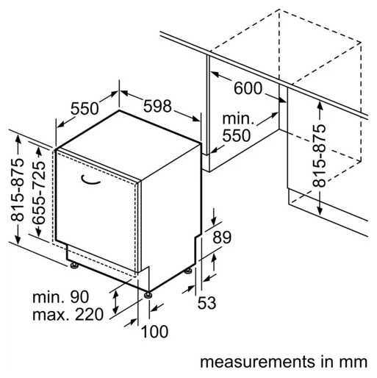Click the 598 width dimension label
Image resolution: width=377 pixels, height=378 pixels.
157,106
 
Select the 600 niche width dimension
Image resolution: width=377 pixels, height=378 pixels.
248,88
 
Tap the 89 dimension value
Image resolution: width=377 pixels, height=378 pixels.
222,237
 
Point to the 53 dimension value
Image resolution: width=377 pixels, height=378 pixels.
207,302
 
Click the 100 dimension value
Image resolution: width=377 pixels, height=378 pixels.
155,332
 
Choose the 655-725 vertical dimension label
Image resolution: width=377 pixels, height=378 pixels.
39,192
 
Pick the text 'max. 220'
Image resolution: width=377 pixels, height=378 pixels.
68,315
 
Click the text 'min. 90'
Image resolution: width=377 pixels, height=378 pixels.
60,297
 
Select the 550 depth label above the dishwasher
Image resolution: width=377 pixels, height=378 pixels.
85,109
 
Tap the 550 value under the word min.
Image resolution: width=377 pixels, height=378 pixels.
237,135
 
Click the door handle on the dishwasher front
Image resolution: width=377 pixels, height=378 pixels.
90,179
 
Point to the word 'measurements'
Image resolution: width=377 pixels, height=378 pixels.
257,362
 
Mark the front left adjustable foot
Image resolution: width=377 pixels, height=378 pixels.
74,265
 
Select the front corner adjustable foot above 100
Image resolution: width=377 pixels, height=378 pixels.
148,294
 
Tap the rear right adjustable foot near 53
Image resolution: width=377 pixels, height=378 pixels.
188,271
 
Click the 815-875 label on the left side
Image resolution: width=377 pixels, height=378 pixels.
18,190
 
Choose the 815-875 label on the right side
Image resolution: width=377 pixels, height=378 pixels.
320,156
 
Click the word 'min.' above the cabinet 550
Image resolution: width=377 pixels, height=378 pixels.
238,118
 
